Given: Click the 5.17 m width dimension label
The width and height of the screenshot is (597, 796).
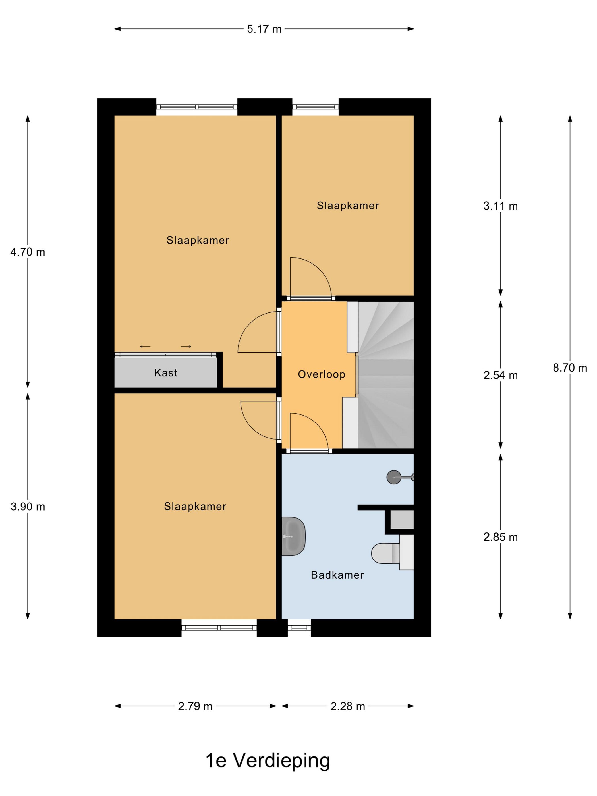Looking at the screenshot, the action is tap(264, 29).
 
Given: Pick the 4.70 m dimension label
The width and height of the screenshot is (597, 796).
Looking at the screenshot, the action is tap(28, 252).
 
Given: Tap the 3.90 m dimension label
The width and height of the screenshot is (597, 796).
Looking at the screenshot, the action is tap(28, 507).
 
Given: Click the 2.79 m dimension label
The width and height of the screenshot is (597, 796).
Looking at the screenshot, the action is tap(195, 706).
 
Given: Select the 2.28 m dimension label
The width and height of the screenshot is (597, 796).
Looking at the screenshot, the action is tap(348, 706).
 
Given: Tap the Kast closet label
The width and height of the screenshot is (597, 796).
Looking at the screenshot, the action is tap(166, 372).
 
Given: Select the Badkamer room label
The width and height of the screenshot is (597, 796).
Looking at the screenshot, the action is tap(337, 575).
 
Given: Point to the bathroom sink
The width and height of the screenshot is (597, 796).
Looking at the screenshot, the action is tap(294, 536).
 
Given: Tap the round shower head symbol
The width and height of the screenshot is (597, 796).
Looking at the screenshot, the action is tap(394, 477).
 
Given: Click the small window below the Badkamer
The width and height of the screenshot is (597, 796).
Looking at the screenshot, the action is tap(299, 628).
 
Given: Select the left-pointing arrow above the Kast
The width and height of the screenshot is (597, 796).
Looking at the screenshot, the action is tap(145, 347).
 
